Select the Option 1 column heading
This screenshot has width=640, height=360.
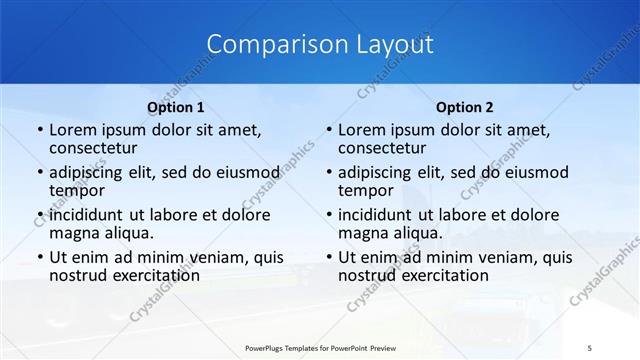[175, 107]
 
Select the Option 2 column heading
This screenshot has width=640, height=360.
[464, 107]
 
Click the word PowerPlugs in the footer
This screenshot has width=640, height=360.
[269, 347]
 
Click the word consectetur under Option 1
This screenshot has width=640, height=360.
[96, 148]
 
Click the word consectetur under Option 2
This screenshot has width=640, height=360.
[384, 148]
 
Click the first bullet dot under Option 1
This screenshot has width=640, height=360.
[39, 131]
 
